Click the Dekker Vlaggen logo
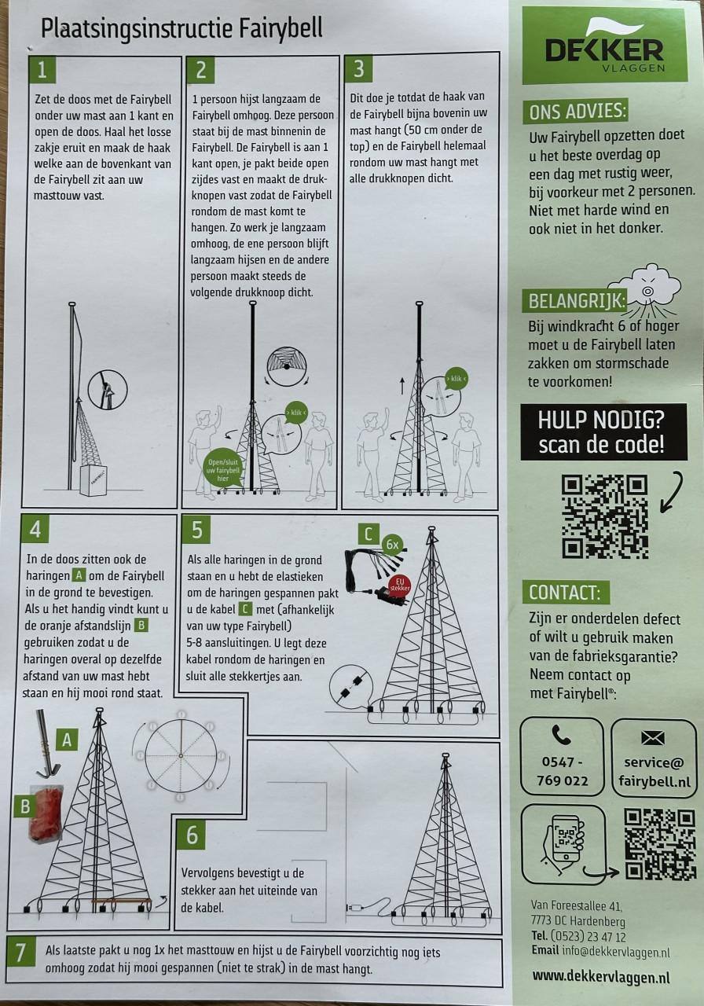(x=605, y=46)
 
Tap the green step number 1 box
(x=42, y=70)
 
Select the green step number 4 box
(x=35, y=529)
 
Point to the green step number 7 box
(x=20, y=953)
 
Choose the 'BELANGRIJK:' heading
(x=575, y=301)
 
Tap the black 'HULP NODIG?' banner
(x=603, y=431)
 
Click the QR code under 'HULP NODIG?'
(x=605, y=517)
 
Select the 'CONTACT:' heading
(x=566, y=593)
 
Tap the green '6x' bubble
(x=392, y=545)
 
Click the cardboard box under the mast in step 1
(x=93, y=479)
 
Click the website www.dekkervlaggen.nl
(x=601, y=976)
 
